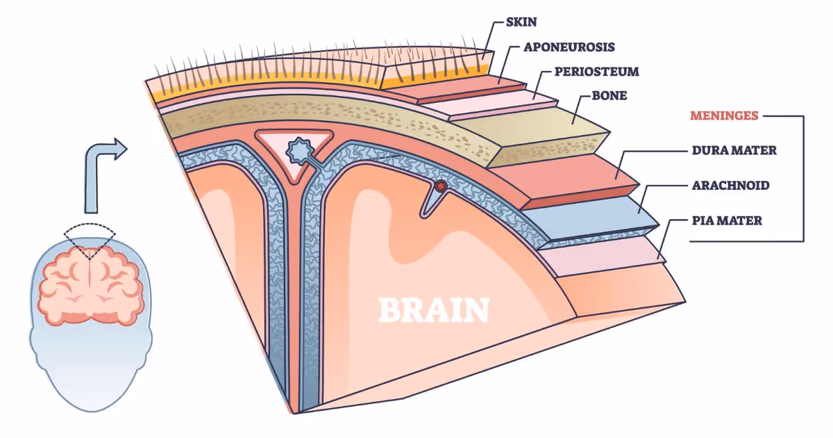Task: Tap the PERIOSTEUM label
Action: coord(596,72)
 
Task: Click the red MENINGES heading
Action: coord(723,115)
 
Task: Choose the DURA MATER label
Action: coord(734,150)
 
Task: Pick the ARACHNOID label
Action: coord(731,186)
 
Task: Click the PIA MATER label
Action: coord(727,221)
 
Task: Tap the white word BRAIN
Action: coord(433,310)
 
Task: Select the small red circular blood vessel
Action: coord(439,186)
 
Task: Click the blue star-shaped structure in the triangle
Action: coord(299,150)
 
